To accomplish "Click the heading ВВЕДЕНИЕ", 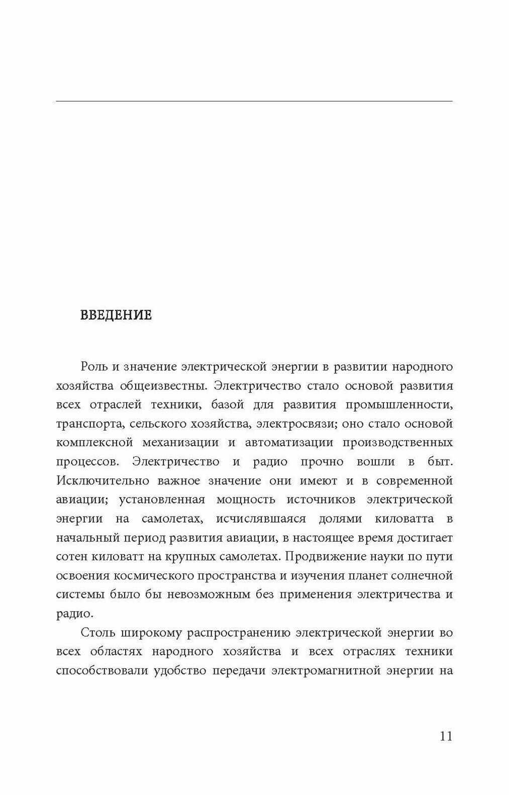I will [116, 316].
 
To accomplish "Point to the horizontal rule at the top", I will [254, 102].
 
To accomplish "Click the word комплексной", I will [95, 443].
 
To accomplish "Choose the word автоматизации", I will [289, 443].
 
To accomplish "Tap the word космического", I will [160, 575].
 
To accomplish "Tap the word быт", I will [442, 462].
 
